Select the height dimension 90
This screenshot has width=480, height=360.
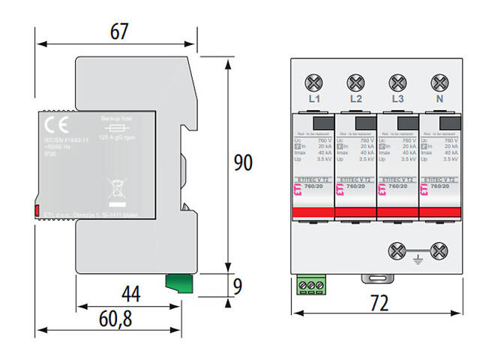(242, 163)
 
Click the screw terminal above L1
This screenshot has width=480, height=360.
(314, 81)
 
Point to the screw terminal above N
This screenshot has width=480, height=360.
(439, 81)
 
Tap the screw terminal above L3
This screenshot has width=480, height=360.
(398, 81)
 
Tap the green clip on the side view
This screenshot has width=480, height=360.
(177, 283)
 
